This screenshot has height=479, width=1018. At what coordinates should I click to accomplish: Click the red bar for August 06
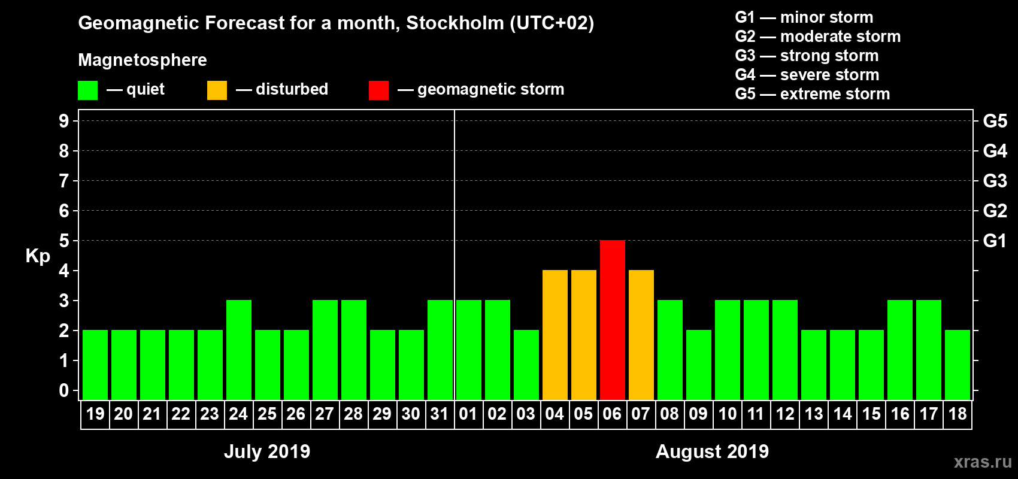(x=612, y=320)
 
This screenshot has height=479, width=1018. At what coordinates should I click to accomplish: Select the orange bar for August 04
(x=555, y=335)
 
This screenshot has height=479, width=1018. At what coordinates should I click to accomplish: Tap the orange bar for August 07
(x=641, y=335)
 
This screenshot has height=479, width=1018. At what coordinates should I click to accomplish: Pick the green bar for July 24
(x=238, y=350)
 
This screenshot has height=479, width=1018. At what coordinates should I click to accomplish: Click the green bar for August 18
(x=957, y=365)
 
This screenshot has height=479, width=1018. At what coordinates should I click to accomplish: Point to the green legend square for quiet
(x=88, y=90)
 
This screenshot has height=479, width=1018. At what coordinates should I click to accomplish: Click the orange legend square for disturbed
(x=217, y=90)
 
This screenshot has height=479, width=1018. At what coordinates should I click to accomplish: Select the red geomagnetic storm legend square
(x=378, y=90)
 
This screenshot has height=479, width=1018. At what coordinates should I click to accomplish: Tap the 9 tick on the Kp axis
(x=64, y=121)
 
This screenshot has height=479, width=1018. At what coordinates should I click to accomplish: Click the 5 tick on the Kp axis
(x=64, y=241)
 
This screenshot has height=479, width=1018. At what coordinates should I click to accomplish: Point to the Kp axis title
(x=38, y=256)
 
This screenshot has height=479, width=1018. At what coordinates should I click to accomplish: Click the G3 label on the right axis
(x=995, y=181)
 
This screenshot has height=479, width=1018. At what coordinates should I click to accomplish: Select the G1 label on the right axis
(x=995, y=241)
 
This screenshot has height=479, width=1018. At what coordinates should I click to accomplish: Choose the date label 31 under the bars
(x=440, y=414)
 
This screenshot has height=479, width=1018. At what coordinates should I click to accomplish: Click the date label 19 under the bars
(x=95, y=414)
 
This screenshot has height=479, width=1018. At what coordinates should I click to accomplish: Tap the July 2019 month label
(x=267, y=451)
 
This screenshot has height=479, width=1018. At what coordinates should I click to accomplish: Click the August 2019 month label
(x=712, y=451)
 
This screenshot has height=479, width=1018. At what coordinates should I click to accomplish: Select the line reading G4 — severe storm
(x=807, y=75)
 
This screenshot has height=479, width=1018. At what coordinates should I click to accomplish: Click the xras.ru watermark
(x=983, y=462)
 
